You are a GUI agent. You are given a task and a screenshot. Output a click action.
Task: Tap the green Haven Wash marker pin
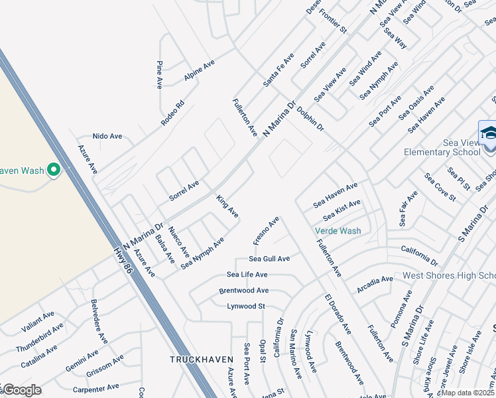pos(53,171)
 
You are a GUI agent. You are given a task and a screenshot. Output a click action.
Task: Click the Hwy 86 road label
pos(123,260)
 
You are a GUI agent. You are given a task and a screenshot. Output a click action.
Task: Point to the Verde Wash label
pos(338,232)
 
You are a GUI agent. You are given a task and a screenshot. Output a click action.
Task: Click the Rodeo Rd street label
pos(172,113)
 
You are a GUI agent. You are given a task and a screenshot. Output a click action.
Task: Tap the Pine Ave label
pos(160,74)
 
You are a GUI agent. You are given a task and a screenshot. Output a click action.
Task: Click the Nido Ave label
pos(107,136)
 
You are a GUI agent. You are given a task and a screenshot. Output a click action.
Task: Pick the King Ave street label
pos(227,206)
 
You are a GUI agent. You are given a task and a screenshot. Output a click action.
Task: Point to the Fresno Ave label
pos(266,230)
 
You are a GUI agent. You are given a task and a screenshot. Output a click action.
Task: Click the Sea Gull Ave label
pos(269,259)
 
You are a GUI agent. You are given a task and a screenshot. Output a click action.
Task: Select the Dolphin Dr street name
pos(310,118)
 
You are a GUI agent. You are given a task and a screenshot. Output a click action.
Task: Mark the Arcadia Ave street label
pos(375,284)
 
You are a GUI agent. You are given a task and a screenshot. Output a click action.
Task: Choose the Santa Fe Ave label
pos(278,70)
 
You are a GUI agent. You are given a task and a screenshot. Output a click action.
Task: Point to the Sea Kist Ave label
pos(341,210)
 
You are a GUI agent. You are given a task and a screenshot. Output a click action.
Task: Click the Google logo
pos(22,390)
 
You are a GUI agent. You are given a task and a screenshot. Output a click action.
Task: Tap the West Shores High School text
pos(449,275)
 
